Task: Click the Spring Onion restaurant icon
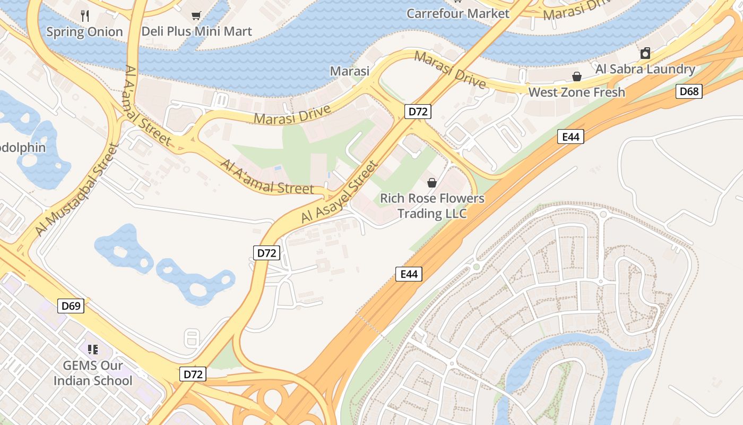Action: point(85,15)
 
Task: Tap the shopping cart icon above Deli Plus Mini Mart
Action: point(196,15)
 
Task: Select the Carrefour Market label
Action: point(457,13)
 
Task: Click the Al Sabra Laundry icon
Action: point(645,53)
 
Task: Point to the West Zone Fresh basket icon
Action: point(577,76)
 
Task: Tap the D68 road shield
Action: point(689,91)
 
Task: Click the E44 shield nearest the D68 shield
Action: point(571,137)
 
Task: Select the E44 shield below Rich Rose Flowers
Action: point(409,274)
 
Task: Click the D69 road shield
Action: point(71,305)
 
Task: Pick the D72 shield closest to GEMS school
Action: point(193,374)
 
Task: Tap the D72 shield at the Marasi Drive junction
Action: point(418,112)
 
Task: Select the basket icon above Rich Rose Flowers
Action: point(432,183)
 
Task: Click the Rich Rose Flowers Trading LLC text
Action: point(432,206)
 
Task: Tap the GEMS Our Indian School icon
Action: point(93,349)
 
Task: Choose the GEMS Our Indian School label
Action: point(93,373)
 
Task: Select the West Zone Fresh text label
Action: point(576,92)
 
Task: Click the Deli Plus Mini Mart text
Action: point(196,31)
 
